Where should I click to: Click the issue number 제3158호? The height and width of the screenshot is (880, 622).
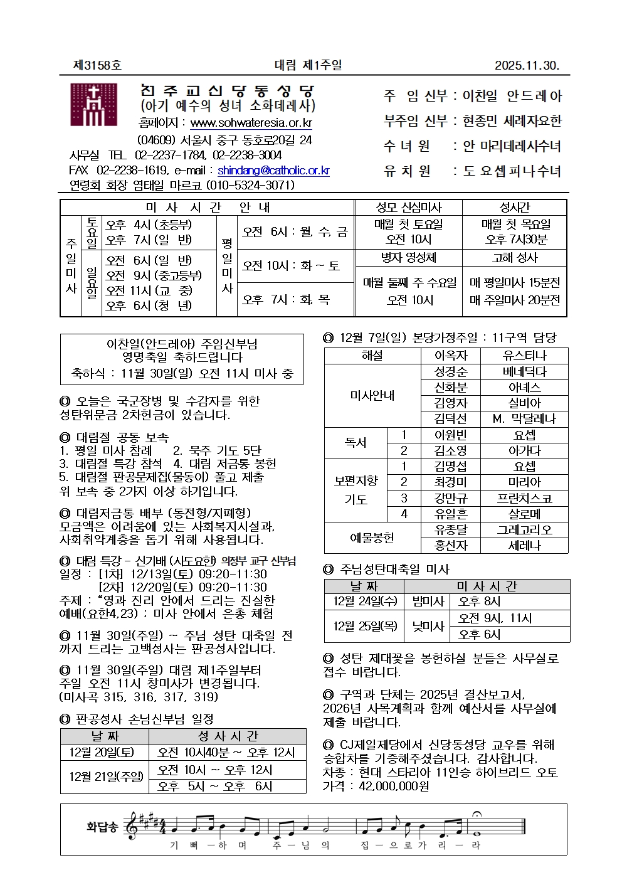point(97,65)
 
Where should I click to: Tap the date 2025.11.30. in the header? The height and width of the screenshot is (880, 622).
point(527,65)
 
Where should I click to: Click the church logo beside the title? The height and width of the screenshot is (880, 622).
point(93,105)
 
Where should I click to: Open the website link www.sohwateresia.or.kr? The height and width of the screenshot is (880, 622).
point(251,123)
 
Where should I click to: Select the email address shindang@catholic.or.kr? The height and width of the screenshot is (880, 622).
point(273,170)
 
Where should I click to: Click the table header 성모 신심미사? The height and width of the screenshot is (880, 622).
point(409,208)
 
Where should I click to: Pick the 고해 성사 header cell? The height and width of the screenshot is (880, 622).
point(515,257)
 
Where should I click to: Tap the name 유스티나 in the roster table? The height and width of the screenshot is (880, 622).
point(524,356)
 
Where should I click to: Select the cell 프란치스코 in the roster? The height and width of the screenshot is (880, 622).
point(524,498)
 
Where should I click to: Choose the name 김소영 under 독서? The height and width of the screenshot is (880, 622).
point(450,450)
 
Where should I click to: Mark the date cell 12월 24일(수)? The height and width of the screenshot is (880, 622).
point(365,601)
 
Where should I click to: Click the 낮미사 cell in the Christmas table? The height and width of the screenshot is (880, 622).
point(428,625)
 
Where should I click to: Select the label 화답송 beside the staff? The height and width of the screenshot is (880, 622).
point(102,827)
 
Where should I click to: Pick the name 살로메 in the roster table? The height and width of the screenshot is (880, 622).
point(524,514)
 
